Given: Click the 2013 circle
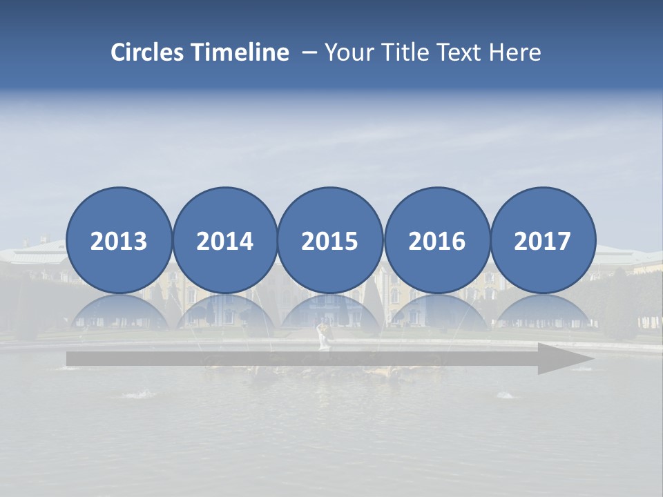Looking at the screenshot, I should [x=119, y=240].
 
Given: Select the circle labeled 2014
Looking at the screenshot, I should [x=224, y=240].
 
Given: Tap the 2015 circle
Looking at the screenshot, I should [x=330, y=240].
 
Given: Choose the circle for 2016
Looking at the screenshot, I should [x=436, y=240].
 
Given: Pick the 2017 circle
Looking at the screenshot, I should [x=543, y=240].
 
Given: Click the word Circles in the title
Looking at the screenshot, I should [x=148, y=52].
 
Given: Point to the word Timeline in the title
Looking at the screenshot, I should [x=241, y=52].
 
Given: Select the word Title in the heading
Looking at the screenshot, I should [x=408, y=52].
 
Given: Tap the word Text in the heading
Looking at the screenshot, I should [x=463, y=52].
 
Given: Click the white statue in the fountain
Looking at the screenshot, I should [x=323, y=338].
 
